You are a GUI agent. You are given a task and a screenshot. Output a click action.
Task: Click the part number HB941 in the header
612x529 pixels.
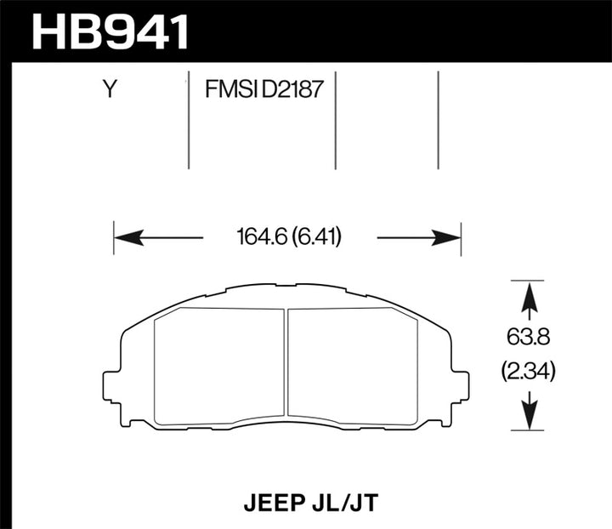click(110, 31)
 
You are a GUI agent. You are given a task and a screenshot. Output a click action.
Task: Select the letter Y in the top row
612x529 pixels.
click(109, 89)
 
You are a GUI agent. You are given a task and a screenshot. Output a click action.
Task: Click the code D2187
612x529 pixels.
click(292, 89)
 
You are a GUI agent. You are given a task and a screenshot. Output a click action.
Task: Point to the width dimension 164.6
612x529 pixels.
click(258, 237)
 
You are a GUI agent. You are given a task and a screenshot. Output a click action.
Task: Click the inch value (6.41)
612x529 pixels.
click(317, 237)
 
